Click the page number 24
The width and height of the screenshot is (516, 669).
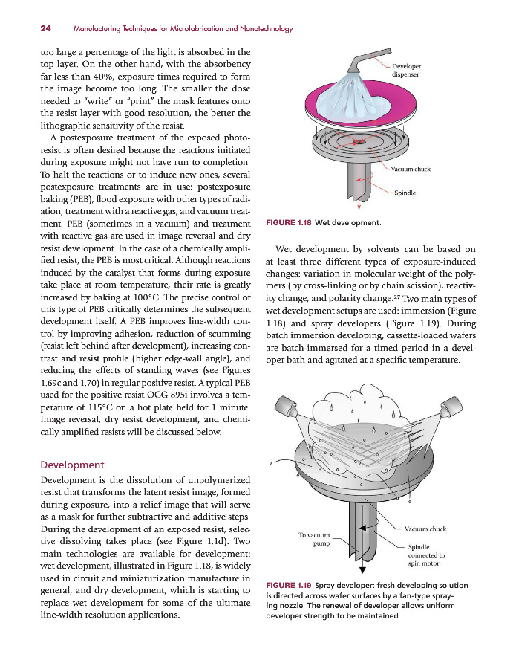[45, 29]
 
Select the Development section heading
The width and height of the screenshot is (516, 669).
[72, 465]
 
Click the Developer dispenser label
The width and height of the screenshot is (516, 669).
[406, 71]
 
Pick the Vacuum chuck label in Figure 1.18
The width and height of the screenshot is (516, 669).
[411, 169]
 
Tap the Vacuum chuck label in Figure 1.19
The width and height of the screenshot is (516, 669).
[425, 529]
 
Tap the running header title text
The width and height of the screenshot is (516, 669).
[183, 29]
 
